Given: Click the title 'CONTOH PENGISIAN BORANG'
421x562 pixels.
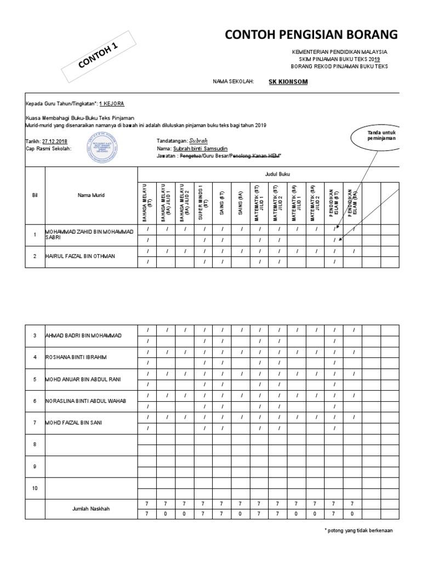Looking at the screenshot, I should coord(311,35).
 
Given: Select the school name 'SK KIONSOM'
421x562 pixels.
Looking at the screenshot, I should coord(288,82).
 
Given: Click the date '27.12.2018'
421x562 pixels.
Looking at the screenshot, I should coord(55,140).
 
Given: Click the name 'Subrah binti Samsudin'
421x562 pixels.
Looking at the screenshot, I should coord(200,148).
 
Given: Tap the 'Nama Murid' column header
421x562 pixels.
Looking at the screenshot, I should coord(91,195).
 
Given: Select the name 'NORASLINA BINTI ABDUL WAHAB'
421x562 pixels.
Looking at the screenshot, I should coord(86,401).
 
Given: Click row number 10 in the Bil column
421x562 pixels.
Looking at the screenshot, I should coord(34,487).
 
